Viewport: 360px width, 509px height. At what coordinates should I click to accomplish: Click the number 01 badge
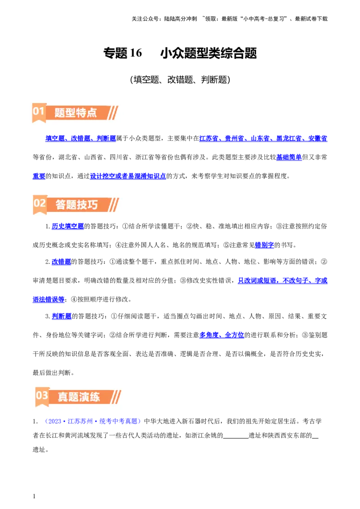(x=39, y=111)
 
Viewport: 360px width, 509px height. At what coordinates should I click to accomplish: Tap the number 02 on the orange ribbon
(x=40, y=203)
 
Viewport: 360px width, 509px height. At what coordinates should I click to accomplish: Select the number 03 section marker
(x=42, y=396)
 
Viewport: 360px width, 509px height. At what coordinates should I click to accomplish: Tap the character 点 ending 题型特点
(x=92, y=112)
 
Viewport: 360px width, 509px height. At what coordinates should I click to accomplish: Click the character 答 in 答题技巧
(x=61, y=205)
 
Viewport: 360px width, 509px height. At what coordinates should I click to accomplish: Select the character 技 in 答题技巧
(x=82, y=205)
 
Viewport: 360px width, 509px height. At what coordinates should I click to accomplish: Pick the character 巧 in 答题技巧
(x=93, y=205)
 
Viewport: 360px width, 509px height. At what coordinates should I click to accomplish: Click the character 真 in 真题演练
(x=63, y=397)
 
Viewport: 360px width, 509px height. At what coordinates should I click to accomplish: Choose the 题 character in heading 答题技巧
(x=72, y=205)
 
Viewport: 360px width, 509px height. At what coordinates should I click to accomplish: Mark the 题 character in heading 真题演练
(x=73, y=397)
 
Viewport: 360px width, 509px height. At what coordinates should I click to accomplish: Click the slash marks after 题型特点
(x=113, y=112)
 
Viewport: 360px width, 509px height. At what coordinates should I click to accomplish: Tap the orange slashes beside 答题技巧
(x=114, y=205)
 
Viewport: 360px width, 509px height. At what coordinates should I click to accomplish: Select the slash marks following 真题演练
(x=116, y=397)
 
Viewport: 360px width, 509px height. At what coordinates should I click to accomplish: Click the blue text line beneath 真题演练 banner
(x=94, y=421)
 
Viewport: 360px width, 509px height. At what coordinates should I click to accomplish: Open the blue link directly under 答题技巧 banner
(x=67, y=226)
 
